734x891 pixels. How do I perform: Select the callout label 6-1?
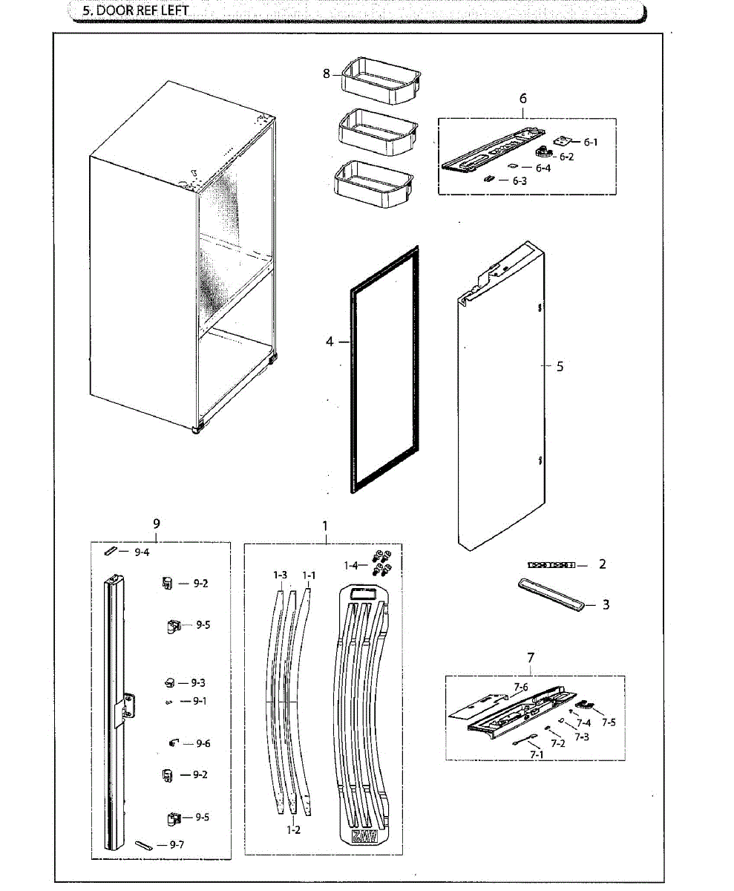(590, 142)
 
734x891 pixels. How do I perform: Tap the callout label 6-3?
(519, 180)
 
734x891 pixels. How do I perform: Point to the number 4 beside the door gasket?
(330, 342)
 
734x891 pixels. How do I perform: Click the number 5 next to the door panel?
(560, 366)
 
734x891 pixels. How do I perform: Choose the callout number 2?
(602, 564)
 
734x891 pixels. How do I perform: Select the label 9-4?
(142, 552)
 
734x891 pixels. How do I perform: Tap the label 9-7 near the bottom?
(177, 844)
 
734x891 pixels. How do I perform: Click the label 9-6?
(203, 743)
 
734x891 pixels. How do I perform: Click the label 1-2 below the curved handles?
(294, 830)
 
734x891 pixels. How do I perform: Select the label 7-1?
(537, 754)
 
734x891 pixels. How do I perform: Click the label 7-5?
(609, 722)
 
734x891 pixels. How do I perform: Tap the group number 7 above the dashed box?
(531, 658)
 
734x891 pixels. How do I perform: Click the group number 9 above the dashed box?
(157, 523)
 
